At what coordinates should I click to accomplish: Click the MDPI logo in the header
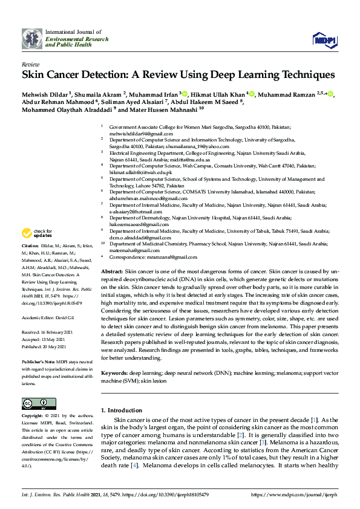click(x=324, y=39)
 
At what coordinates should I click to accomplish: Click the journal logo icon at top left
click(x=32, y=39)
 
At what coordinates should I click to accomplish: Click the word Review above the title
click(x=31, y=63)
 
